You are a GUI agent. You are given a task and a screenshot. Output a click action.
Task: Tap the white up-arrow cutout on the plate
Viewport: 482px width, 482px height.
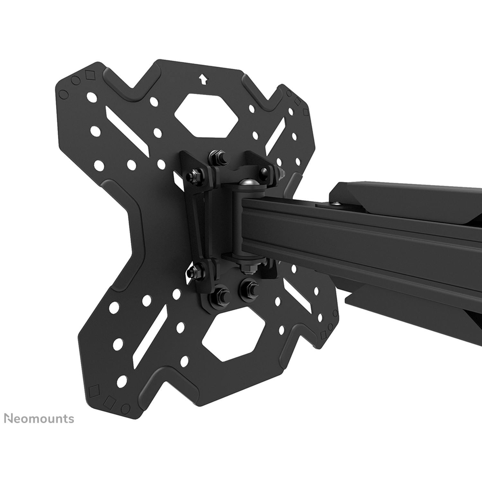(202, 79)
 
